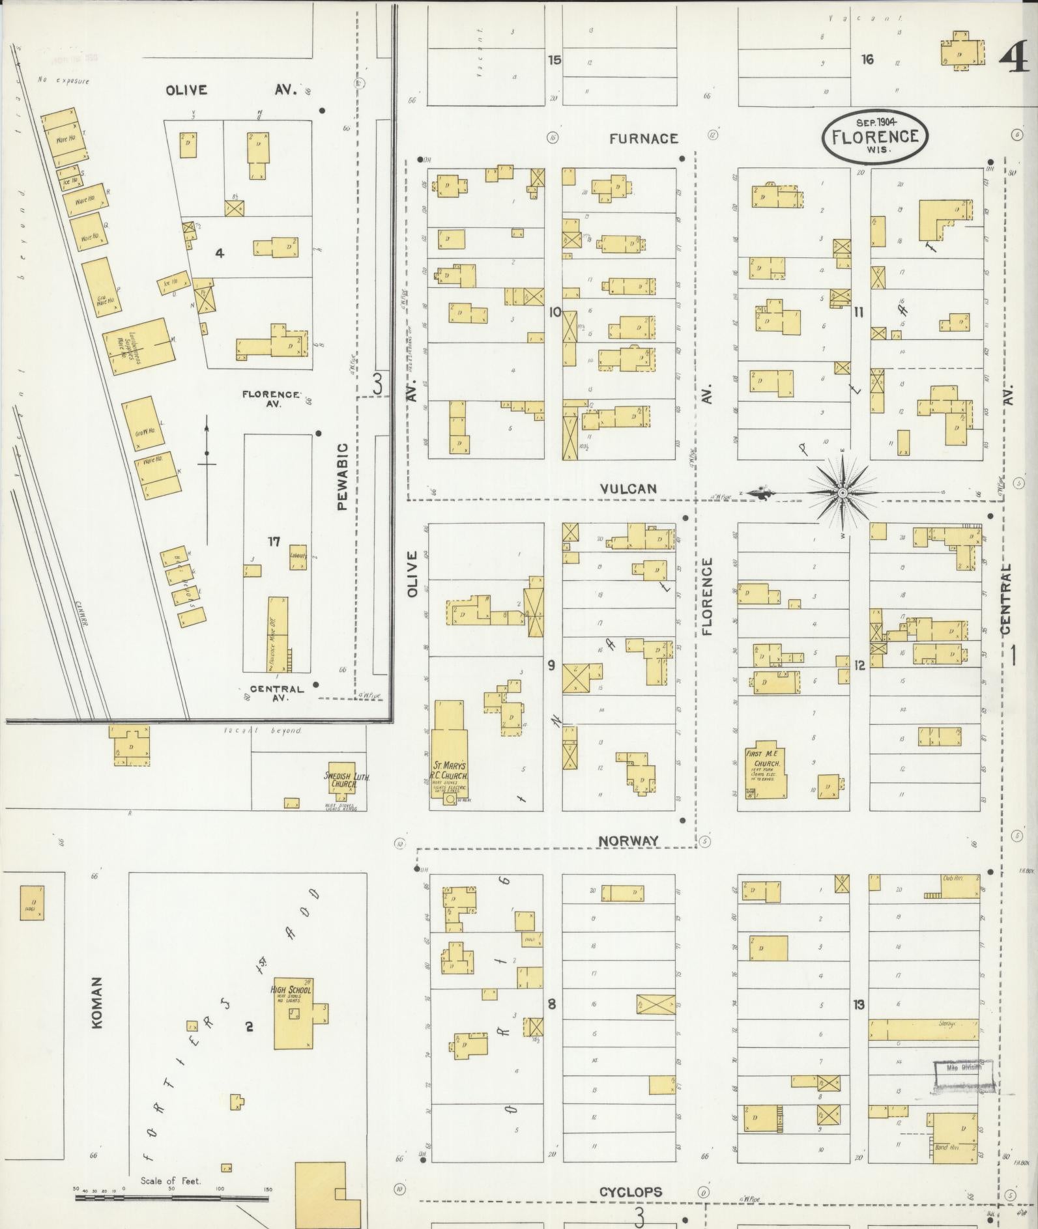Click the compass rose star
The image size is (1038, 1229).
843,492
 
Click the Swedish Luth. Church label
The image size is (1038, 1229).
342,780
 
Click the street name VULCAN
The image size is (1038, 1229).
628,488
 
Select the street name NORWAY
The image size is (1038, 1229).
629,841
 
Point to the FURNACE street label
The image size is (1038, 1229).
644,138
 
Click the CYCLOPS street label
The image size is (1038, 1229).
630,1192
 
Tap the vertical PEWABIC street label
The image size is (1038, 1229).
343,476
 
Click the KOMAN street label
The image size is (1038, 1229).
97,1011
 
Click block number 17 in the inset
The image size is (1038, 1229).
274,541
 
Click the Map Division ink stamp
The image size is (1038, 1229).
962,1075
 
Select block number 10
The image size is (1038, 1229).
555,312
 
